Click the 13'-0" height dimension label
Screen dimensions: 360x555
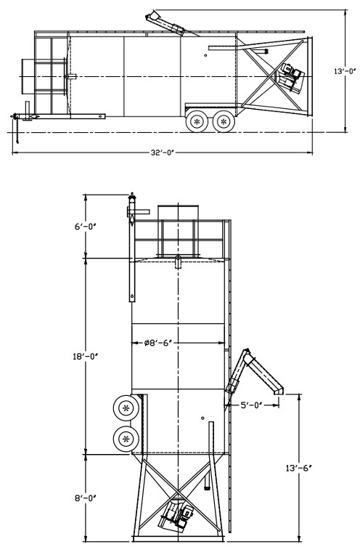pos(345,71)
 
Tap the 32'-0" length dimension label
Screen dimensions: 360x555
pos(163,153)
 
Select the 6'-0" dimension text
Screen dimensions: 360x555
pos(85,226)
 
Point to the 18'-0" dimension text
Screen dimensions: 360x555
pos(85,357)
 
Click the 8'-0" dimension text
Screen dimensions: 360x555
pos(85,498)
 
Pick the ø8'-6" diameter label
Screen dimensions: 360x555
pos(157,343)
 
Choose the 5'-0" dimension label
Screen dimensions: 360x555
pos(251,405)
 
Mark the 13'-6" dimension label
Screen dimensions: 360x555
pos(299,468)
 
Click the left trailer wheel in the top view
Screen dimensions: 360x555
pos(197,121)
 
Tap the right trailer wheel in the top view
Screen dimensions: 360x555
pos(224,121)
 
